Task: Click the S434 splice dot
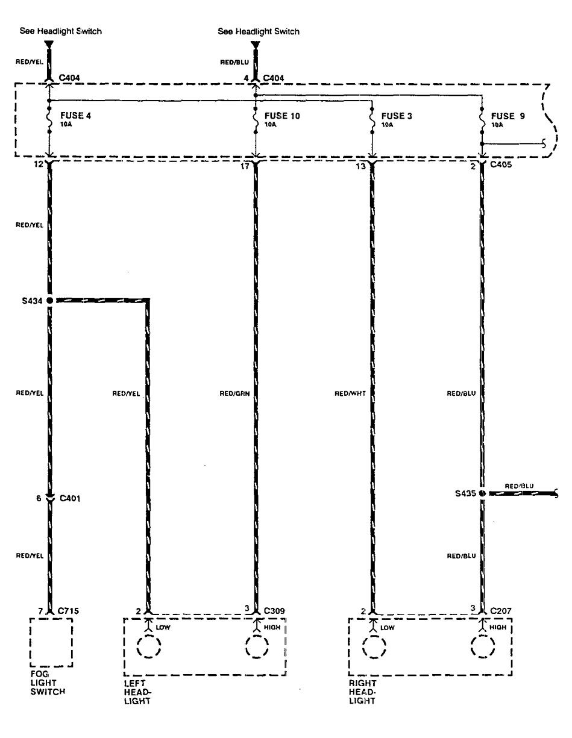(x=49, y=300)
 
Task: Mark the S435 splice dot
(x=482, y=493)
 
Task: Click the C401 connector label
(x=69, y=499)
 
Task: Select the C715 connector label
(x=68, y=611)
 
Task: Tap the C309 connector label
(x=274, y=611)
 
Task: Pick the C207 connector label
(x=501, y=611)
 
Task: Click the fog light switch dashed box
(x=51, y=642)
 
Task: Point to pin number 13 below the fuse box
(x=360, y=166)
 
